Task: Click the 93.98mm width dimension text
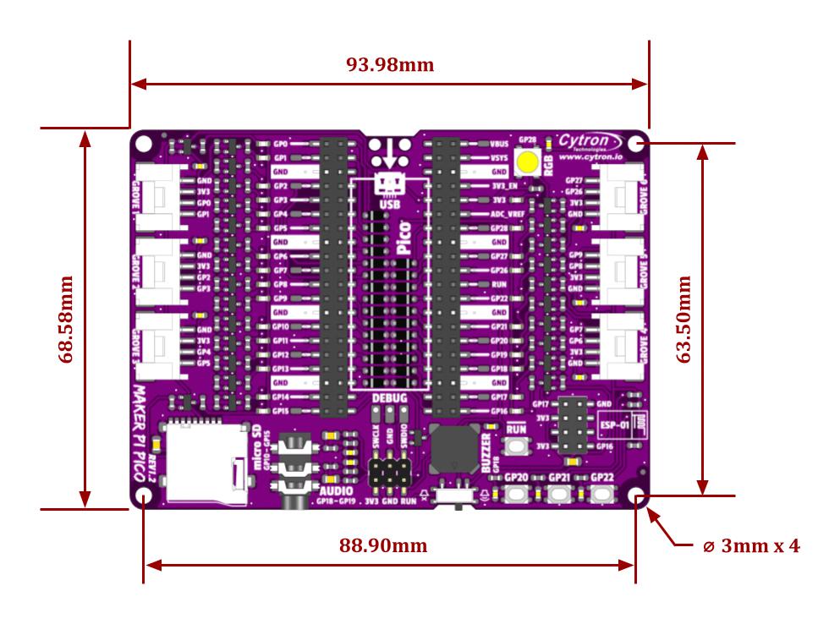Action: (x=390, y=64)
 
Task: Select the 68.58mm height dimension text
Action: (x=66, y=319)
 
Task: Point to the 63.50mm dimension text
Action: (x=684, y=319)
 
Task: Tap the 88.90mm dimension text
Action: (x=383, y=545)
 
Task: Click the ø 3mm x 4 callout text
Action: (x=751, y=545)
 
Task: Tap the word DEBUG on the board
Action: (x=389, y=397)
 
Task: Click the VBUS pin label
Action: (x=499, y=145)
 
